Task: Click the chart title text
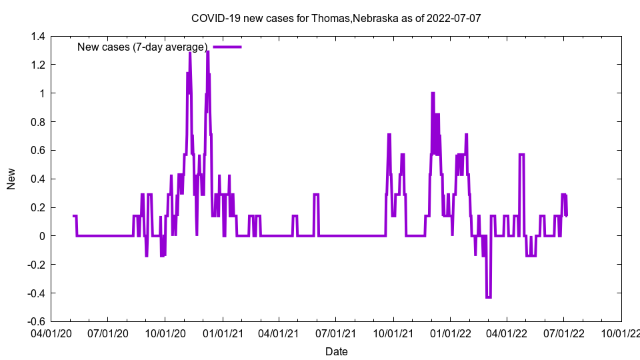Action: [336, 18]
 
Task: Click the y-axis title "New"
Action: [11, 179]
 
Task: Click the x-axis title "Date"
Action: [336, 351]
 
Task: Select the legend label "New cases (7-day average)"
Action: [142, 47]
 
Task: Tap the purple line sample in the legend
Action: [227, 47]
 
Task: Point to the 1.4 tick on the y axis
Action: [38, 37]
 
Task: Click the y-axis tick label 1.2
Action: [38, 65]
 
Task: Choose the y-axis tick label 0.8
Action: [38, 122]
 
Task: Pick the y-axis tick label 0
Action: [43, 236]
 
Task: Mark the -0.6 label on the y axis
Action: [36, 321]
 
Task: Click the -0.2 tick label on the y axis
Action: [36, 265]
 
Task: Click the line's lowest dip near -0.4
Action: [489, 297]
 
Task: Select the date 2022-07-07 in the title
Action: [454, 18]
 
